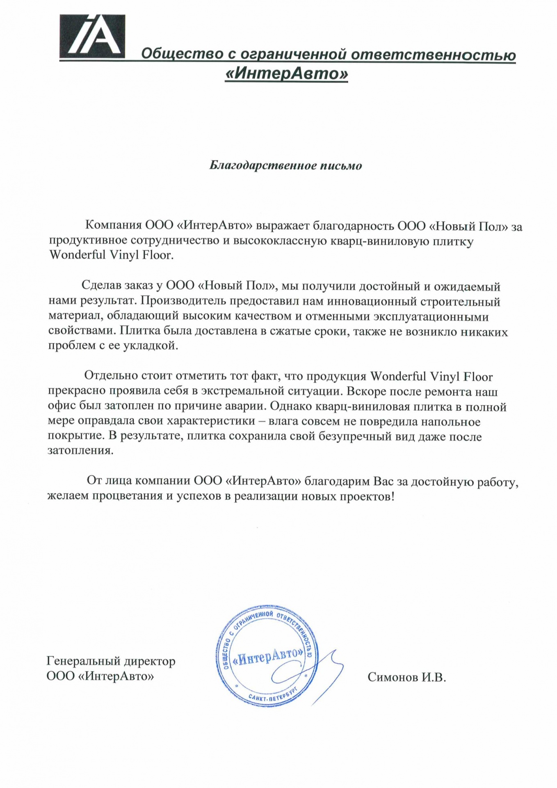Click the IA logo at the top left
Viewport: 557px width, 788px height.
tap(92, 36)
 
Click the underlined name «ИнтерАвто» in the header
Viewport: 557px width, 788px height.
tap(286, 74)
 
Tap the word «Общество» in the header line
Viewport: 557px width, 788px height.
tap(176, 54)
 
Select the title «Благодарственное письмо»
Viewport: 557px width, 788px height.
tap(285, 166)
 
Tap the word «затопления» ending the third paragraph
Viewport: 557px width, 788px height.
tap(80, 450)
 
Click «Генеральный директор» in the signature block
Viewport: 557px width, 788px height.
tap(111, 661)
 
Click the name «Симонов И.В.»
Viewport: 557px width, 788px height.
tap(406, 677)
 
